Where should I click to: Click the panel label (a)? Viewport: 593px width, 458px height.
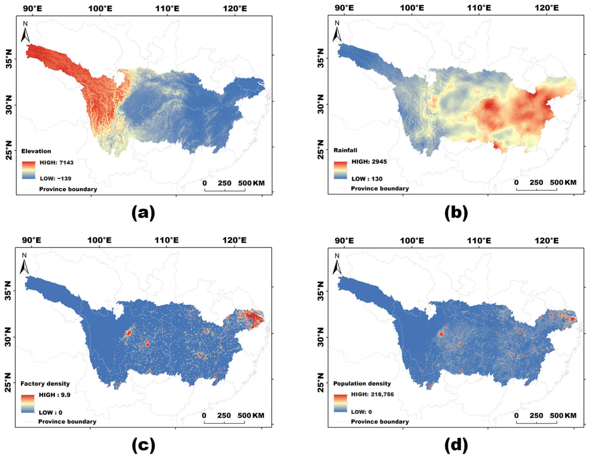coord(143,213)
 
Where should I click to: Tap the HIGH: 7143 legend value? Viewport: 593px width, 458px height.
coord(56,163)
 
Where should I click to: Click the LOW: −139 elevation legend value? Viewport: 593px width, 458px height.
coord(55,179)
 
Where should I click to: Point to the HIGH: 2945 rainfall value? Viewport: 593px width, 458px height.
coord(369,162)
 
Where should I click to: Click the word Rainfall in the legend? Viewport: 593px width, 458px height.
coord(345,150)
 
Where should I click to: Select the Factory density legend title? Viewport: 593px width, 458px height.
coord(45,384)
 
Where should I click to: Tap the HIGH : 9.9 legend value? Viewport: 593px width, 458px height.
coord(55,395)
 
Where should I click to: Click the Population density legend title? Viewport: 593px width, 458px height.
coord(362,384)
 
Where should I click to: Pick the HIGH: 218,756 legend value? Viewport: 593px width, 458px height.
coord(372,394)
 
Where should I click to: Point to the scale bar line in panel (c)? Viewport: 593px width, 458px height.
coord(224,423)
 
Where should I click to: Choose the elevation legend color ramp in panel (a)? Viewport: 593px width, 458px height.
coord(28,170)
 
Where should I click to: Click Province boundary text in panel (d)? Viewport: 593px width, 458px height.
coord(380,422)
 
